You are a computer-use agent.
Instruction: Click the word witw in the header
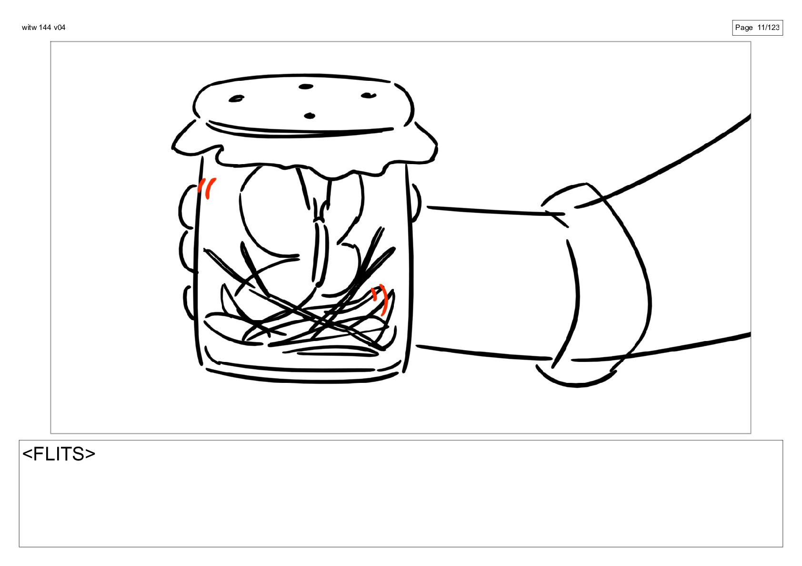tap(29, 28)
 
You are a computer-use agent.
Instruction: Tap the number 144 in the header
tap(45, 28)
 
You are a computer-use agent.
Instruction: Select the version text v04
tap(60, 28)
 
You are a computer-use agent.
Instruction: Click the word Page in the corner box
tap(744, 28)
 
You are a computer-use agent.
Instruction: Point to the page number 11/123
tap(768, 28)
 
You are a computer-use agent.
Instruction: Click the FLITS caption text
tap(59, 454)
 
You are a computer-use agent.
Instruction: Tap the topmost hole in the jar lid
tap(306, 87)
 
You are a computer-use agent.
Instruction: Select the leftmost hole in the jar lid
tap(236, 98)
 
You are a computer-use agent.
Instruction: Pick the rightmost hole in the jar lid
tap(368, 95)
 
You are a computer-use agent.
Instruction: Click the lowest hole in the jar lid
tap(310, 116)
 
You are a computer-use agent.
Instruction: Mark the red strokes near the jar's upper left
tap(207, 188)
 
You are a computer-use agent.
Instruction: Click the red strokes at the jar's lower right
tap(380, 299)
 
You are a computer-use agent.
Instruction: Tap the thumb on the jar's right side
tap(417, 203)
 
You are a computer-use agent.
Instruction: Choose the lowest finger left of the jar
tap(189, 303)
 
